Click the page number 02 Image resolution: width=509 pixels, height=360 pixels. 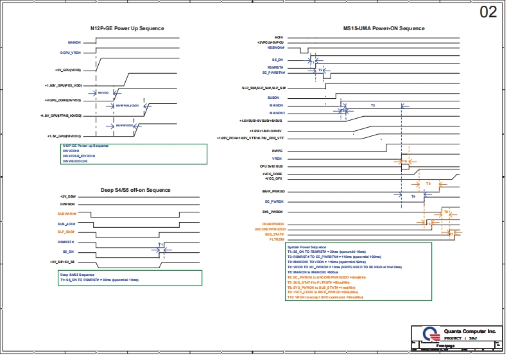pos(488,12)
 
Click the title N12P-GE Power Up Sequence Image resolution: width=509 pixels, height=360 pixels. pos(126,28)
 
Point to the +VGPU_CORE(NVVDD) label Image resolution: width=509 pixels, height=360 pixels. pos(63,100)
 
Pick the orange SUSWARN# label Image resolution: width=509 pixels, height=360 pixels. pos(67,213)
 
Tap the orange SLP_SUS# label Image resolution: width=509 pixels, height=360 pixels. pos(67,232)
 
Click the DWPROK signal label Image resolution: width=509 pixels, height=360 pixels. pos(68,203)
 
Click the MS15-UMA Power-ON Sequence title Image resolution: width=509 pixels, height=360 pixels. pos(384,28)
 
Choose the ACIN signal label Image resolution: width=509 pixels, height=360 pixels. pos(279,37)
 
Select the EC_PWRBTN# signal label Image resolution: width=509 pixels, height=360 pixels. pos(274,73)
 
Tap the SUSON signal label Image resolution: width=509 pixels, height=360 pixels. pos(277,97)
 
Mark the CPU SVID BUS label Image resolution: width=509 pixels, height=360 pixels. pos(272,166)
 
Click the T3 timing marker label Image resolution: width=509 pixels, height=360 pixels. pos(373,104)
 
